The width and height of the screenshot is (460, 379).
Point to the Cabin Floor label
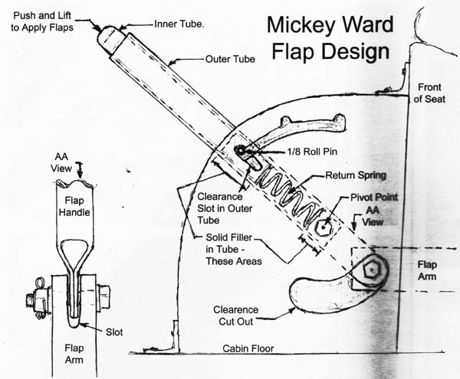click(x=249, y=348)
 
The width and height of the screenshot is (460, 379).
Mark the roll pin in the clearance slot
click(x=242, y=151)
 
